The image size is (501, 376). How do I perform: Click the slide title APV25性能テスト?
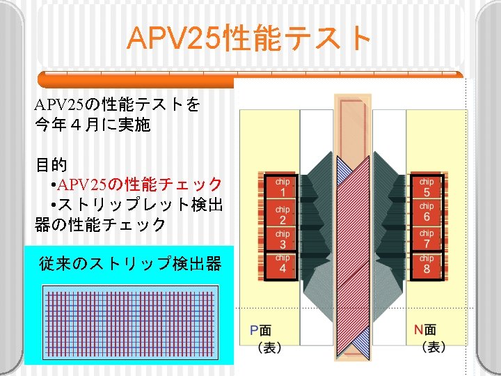(250, 39)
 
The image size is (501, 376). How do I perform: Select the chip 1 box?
(283, 187)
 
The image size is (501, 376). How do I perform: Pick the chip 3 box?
(283, 240)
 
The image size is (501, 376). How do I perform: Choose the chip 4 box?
(283, 265)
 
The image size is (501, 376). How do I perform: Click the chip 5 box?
(427, 187)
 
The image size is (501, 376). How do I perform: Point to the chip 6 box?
(427, 212)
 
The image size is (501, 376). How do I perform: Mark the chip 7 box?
(427, 239)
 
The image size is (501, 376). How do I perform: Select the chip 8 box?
(427, 265)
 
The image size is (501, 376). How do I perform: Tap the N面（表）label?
(425, 338)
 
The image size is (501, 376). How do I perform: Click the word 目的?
(51, 165)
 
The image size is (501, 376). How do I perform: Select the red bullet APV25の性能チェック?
(136, 185)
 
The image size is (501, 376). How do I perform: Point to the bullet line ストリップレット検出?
(136, 205)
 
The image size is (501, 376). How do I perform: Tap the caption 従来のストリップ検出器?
(130, 264)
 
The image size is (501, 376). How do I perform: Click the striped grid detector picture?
(132, 324)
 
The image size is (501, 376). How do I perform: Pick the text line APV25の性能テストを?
(118, 106)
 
